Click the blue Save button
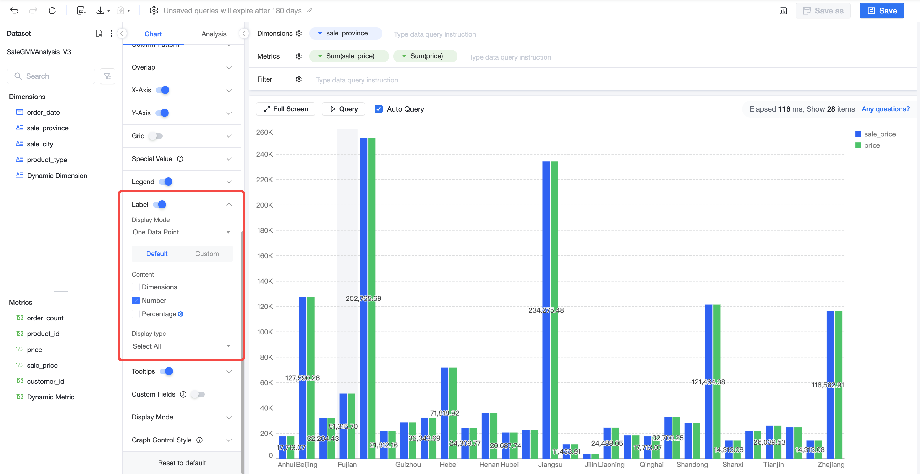(881, 11)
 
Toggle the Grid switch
(156, 136)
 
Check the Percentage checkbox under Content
(135, 314)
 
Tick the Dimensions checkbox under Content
(135, 287)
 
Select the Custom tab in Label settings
(207, 254)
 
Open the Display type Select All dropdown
(181, 346)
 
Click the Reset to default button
(182, 463)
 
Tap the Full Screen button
(286, 109)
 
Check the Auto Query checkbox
(379, 109)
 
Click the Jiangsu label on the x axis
(550, 464)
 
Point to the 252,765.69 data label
(363, 298)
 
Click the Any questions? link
(885, 109)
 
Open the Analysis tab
(214, 34)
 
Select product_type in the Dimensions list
(47, 160)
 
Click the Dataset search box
(51, 76)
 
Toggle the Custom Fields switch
(197, 394)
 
